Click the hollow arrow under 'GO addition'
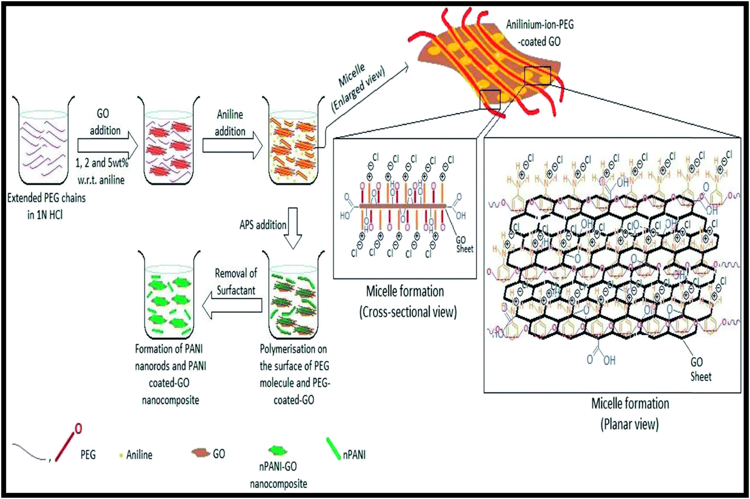click(107, 145)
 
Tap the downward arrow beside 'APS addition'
click(292, 228)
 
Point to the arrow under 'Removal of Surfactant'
click(232, 306)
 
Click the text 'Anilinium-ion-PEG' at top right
click(540, 25)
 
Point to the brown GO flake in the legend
click(200, 453)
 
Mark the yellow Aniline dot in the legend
click(121, 456)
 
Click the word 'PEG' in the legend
click(88, 455)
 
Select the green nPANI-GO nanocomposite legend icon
click(278, 450)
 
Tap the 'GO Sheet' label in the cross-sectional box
click(464, 244)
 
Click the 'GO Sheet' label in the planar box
click(700, 369)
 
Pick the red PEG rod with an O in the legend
click(67, 444)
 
